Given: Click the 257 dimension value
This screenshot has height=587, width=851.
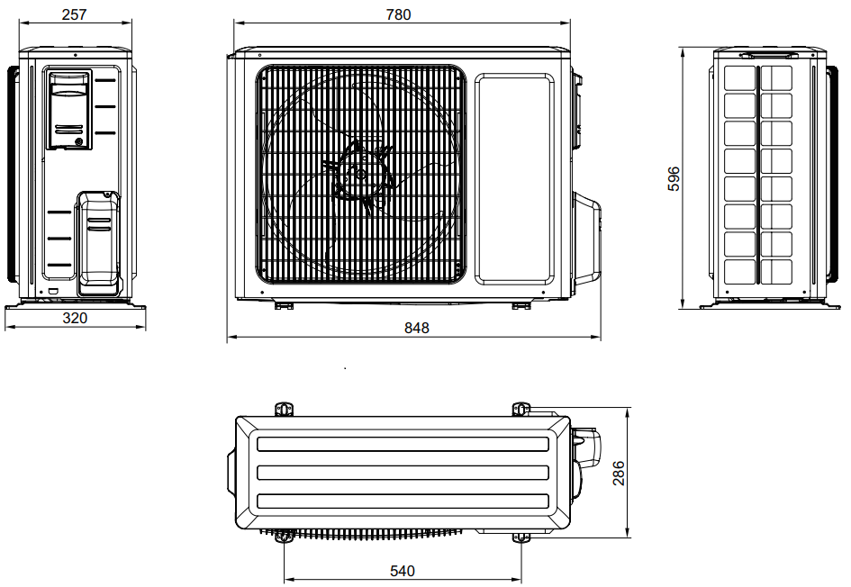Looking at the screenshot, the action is tap(75, 14).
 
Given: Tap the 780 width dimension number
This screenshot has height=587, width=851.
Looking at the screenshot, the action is tap(398, 14).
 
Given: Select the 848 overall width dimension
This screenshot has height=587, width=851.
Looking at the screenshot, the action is tap(416, 328).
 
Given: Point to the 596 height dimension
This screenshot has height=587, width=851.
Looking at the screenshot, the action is tap(674, 179).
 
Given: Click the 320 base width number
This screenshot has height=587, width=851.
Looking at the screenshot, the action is tap(75, 318).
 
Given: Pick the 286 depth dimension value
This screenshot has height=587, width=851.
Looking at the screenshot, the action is tap(619, 473).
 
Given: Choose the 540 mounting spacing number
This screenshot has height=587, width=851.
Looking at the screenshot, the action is tap(403, 571).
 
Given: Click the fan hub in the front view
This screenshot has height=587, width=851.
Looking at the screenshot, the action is tap(360, 175).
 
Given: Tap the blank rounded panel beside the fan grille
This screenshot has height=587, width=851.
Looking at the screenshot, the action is tap(514, 179).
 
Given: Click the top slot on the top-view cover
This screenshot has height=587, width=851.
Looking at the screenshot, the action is tap(403, 444).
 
